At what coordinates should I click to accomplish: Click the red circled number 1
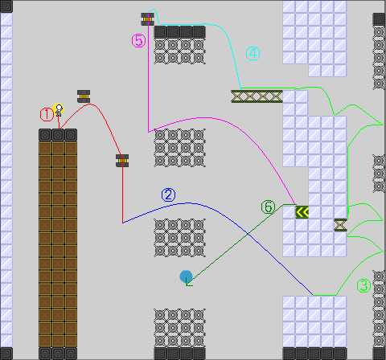[x=47, y=115]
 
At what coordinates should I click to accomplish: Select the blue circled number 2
[x=168, y=195]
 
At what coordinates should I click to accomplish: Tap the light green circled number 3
[x=363, y=285]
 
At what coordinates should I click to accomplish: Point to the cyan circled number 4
[x=253, y=54]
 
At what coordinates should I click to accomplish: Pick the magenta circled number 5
[x=138, y=41]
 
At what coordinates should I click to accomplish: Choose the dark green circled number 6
[x=268, y=207]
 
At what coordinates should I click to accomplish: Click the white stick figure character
[x=59, y=110]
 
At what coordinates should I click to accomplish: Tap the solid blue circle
[x=186, y=276]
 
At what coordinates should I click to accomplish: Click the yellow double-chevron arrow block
[x=302, y=212]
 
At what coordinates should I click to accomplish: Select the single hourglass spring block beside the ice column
[x=340, y=225]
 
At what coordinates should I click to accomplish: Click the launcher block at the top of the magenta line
[x=147, y=19]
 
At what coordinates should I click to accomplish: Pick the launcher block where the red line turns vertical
[x=122, y=161]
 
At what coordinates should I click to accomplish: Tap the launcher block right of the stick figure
[x=84, y=96]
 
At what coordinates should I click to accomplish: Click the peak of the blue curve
[x=187, y=203]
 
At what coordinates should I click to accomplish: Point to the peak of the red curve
[x=90, y=104]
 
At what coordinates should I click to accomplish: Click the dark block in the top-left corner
[x=6, y=6]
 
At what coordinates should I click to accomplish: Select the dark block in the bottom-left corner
[x=6, y=354]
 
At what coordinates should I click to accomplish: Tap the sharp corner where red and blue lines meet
[x=123, y=223]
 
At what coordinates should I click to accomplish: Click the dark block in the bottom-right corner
[x=379, y=354]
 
